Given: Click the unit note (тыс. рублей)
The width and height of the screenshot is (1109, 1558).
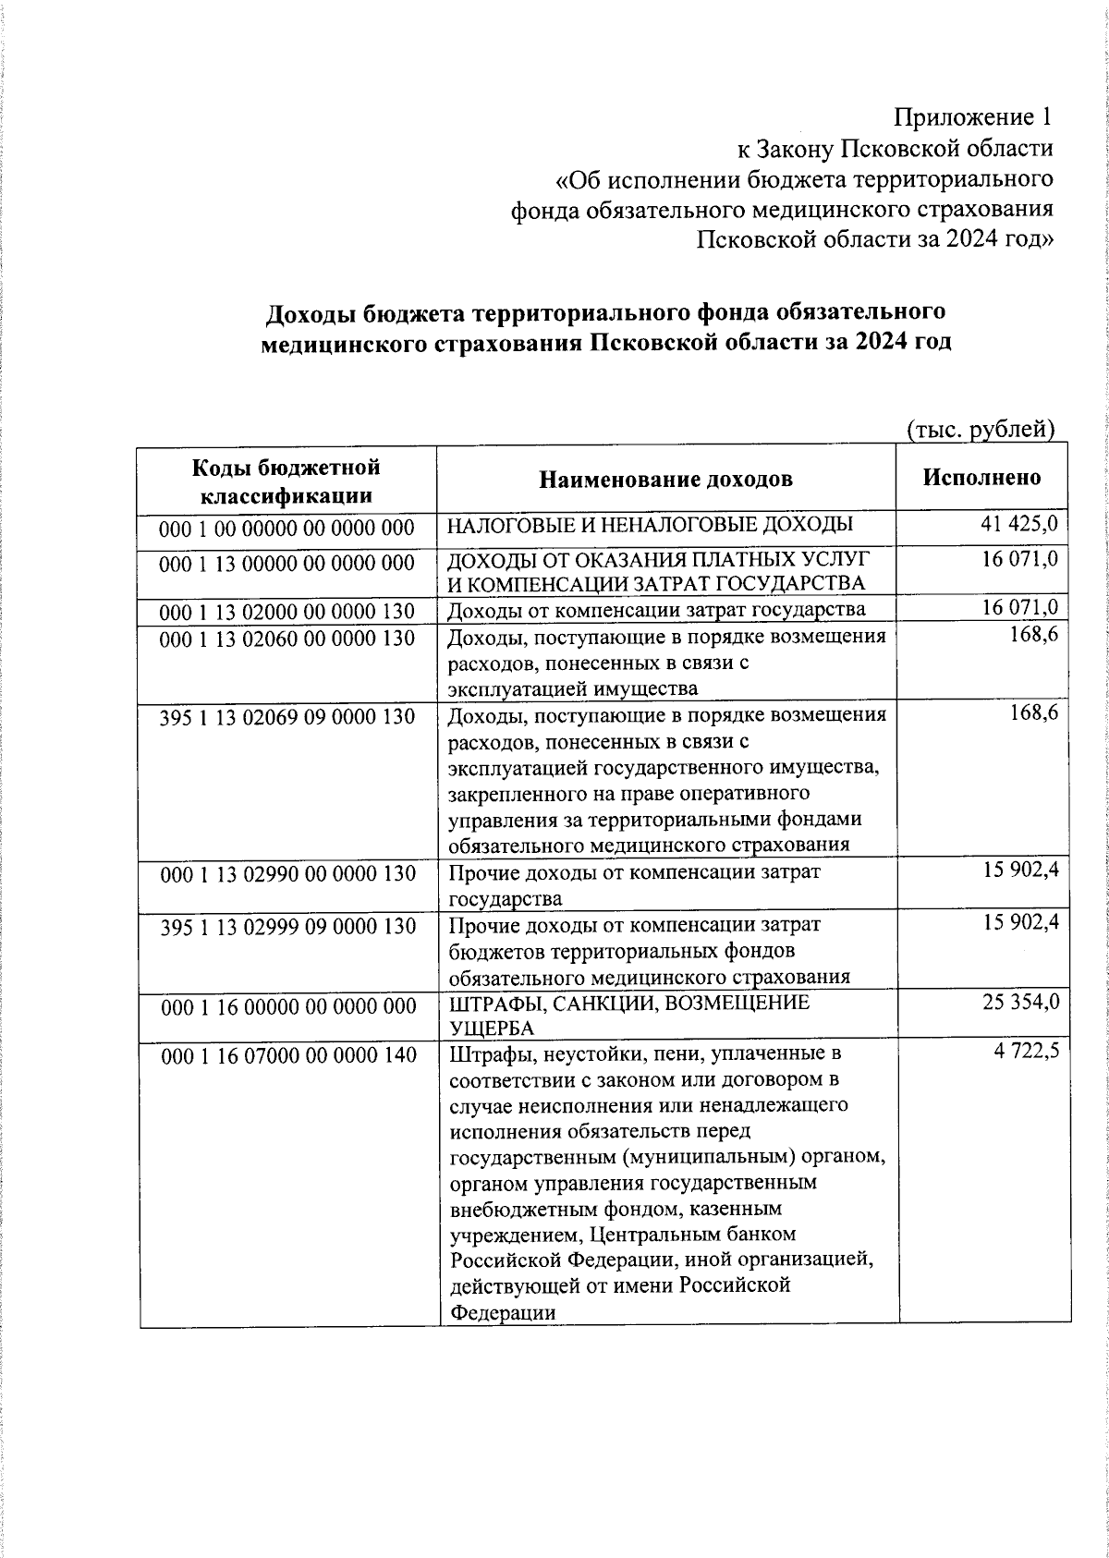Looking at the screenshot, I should coord(980,429).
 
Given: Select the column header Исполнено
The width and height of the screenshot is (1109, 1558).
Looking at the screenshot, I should coord(981,477).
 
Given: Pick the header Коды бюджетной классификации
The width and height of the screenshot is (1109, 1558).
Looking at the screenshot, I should coord(286,481).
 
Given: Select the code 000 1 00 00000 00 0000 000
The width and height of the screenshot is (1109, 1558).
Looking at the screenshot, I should coord(286,528).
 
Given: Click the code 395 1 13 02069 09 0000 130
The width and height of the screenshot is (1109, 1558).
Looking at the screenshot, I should coord(286,716).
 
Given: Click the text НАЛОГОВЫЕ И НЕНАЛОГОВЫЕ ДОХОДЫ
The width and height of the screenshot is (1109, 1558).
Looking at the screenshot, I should coord(650,525).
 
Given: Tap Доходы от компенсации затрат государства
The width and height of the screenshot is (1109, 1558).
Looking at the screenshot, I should coord(656,610).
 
